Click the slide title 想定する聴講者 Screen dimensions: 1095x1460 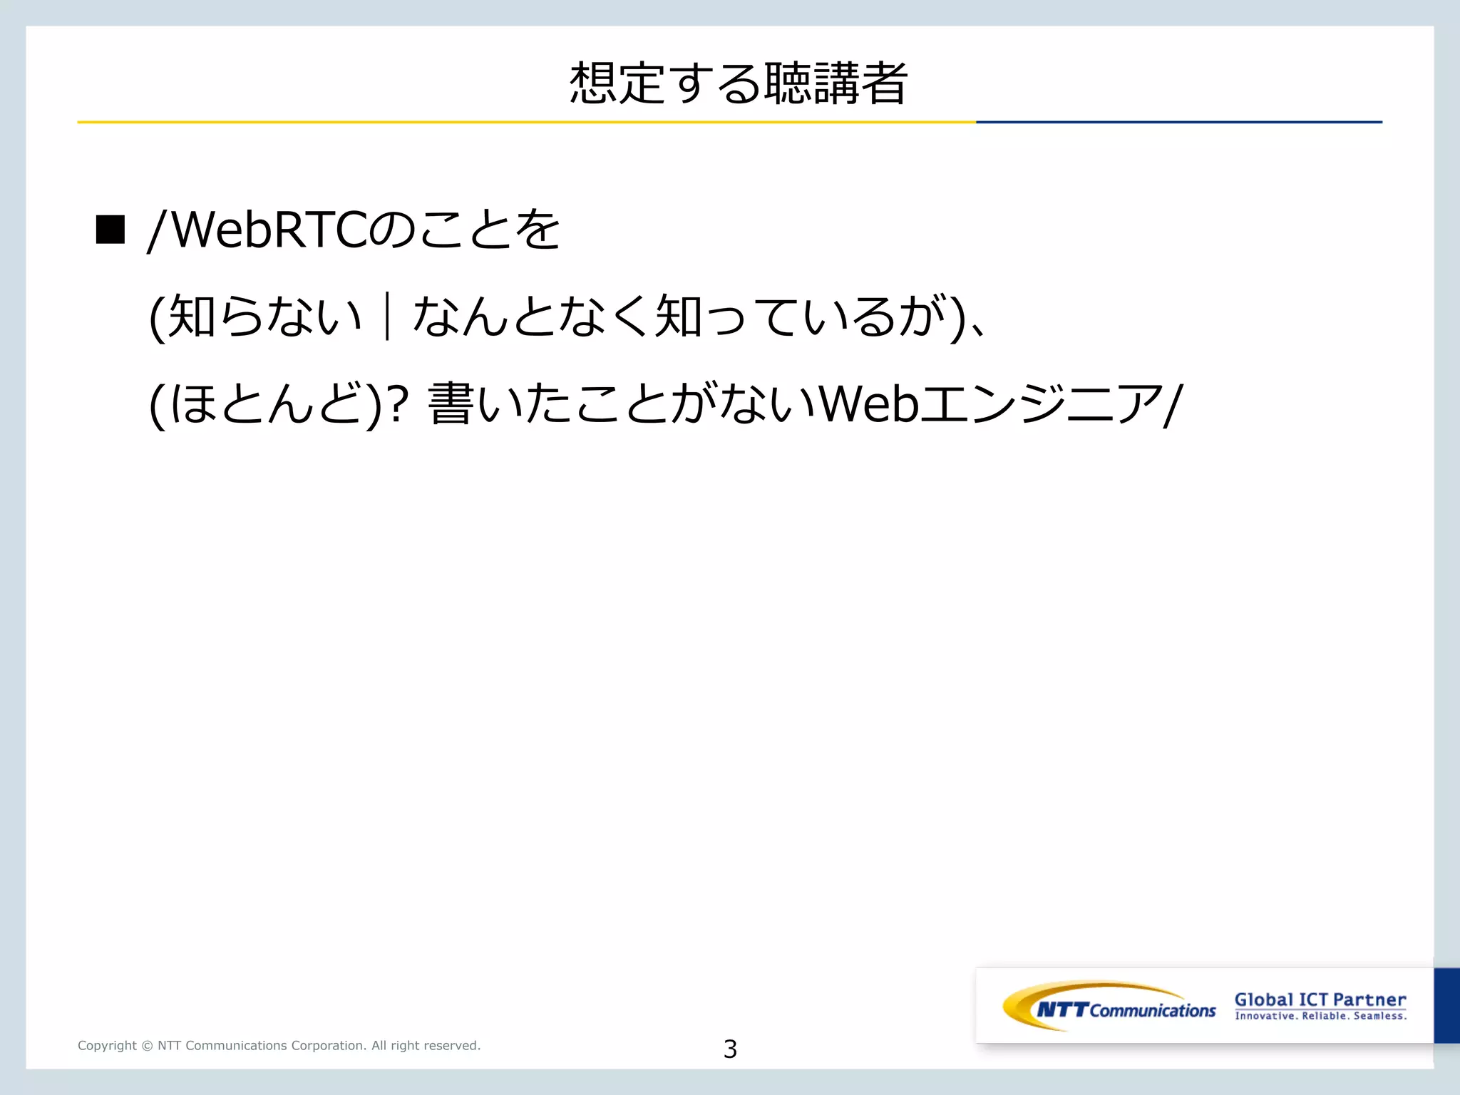[x=739, y=83]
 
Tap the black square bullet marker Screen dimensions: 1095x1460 [x=110, y=230]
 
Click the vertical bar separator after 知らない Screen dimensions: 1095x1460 [x=387, y=317]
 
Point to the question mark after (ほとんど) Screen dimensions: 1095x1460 [x=398, y=403]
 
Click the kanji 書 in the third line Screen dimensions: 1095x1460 [x=451, y=403]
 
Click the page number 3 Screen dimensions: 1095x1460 [x=730, y=1049]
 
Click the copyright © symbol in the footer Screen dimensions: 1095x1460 [x=147, y=1046]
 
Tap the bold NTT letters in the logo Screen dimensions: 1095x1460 [x=1062, y=1009]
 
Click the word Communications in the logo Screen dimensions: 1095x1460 [x=1152, y=1011]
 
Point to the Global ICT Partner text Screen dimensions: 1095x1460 [x=1320, y=999]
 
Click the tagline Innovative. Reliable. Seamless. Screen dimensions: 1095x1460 [x=1320, y=1016]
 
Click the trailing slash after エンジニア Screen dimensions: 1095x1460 [x=1173, y=405]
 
